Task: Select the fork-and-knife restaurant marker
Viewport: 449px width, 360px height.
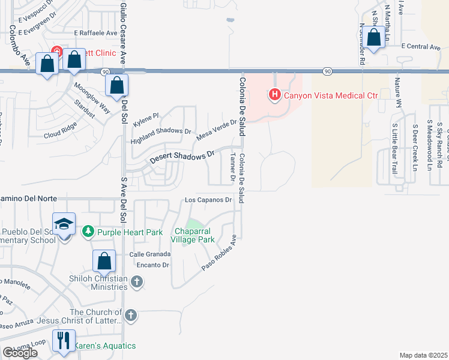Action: pos(62,341)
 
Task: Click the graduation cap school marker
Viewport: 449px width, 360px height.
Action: pos(64,224)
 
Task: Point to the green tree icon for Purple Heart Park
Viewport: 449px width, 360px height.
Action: pos(88,232)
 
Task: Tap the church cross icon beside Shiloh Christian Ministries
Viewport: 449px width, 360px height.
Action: pos(137,281)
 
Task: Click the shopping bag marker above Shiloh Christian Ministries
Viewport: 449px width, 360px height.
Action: pos(104,261)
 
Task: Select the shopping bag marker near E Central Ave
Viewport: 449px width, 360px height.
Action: pos(374,38)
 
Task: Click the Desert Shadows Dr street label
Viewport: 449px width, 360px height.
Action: pos(182,158)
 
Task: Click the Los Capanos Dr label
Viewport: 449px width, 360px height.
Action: pos(208,200)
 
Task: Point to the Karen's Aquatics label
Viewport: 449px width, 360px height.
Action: pos(105,346)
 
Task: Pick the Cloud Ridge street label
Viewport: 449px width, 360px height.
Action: pos(60,134)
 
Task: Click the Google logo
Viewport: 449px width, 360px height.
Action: pos(20,353)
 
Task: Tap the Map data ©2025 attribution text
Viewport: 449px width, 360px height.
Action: pos(423,355)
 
